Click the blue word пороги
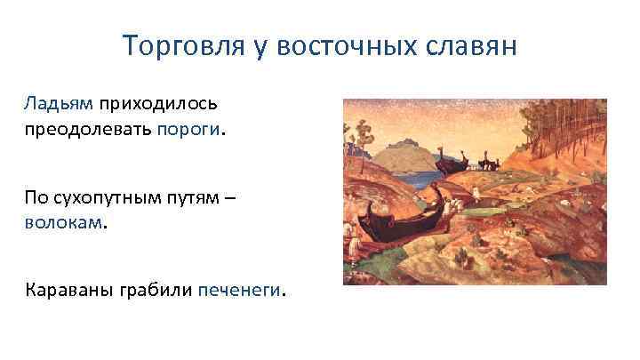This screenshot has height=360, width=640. [x=189, y=132]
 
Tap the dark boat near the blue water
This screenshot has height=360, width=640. [x=452, y=163]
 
